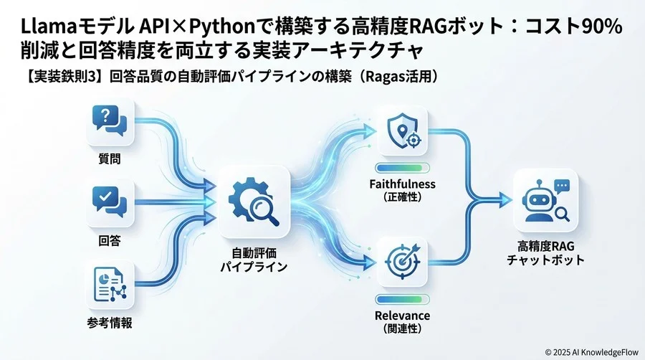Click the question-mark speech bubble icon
click(110, 121)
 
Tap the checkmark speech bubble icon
click(110, 202)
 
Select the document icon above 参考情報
click(110, 284)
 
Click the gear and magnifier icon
click(254, 202)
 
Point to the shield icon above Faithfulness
click(403, 131)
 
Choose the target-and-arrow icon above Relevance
click(403, 261)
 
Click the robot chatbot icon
click(545, 200)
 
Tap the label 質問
click(110, 158)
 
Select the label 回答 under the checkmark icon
click(110, 240)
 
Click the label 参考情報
click(110, 323)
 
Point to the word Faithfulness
click(402, 184)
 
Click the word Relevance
click(402, 316)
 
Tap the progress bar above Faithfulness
click(402, 168)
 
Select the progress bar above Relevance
click(402, 299)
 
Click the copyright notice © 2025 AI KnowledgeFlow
click(591, 352)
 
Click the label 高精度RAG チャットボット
click(546, 253)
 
